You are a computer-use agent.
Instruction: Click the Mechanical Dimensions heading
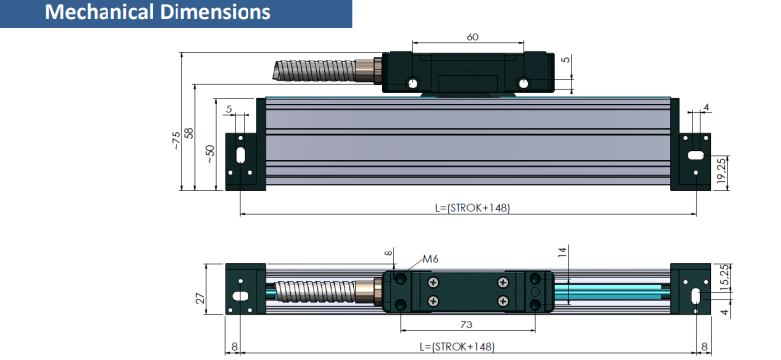pos(158,12)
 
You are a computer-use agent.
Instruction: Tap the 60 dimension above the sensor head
pos(472,36)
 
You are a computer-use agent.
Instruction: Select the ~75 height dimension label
pos(175,140)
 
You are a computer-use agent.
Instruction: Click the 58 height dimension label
pos(188,133)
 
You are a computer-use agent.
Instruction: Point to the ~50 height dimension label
pos(210,153)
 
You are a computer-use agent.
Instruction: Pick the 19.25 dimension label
pos(722,172)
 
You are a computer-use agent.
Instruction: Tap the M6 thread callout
pos(430,259)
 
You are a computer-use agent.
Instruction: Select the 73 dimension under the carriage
pos(466,324)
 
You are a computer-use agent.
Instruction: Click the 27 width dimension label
pos(200,298)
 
